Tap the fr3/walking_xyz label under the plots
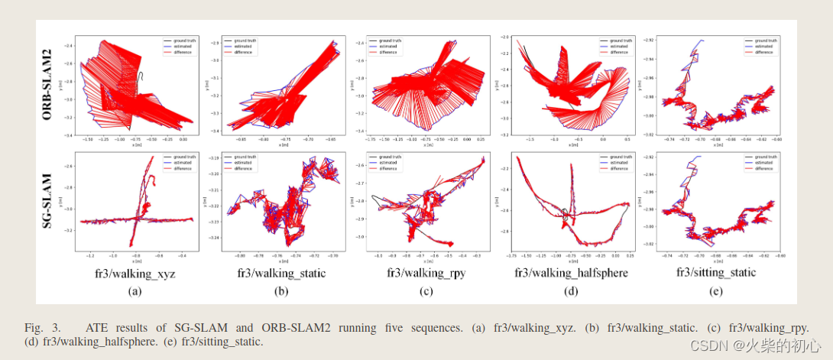point(135,272)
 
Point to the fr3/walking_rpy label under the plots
point(426,272)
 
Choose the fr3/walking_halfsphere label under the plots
point(570,272)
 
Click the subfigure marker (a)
point(135,291)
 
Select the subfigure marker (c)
point(426,291)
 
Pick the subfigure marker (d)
point(570,291)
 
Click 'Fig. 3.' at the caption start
point(39,328)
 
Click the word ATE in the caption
point(97,328)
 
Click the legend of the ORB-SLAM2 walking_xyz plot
point(177,46)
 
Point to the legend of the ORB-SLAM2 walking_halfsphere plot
point(614,46)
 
